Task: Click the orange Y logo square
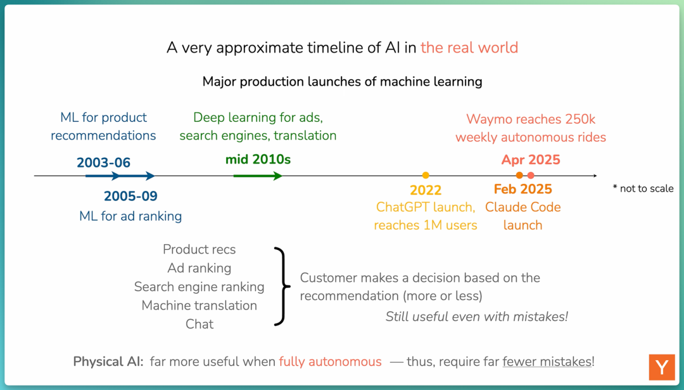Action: click(x=662, y=367)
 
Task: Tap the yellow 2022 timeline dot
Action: click(x=426, y=175)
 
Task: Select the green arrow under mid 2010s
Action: click(x=258, y=176)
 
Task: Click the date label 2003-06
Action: click(x=103, y=162)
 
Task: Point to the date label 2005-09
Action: click(x=130, y=196)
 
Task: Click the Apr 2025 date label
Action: click(x=531, y=160)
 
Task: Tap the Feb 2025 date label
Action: click(x=522, y=189)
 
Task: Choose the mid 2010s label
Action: click(x=258, y=159)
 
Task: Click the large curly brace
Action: click(x=282, y=287)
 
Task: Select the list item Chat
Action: click(x=199, y=324)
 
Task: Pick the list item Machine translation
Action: click(x=199, y=305)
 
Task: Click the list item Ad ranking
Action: click(x=199, y=268)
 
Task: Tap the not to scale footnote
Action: click(x=643, y=188)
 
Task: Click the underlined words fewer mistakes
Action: click(x=547, y=361)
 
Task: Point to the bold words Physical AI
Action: click(x=108, y=361)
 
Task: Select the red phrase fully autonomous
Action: click(x=330, y=361)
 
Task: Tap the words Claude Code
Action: click(x=522, y=207)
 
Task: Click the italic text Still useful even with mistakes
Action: click(x=477, y=316)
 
